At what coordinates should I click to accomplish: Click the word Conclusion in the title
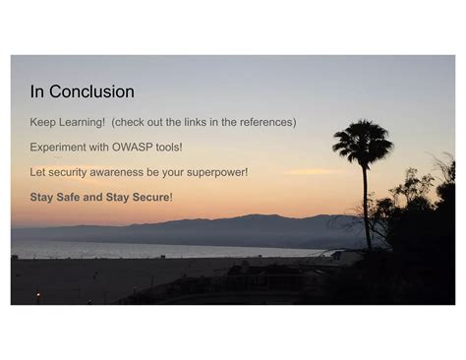tap(91, 91)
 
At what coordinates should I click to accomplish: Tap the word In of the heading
tap(37, 91)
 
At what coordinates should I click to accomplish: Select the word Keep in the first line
tap(42, 122)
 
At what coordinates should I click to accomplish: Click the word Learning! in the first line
tap(82, 122)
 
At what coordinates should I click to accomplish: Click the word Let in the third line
tap(37, 172)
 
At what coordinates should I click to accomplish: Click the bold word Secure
tap(151, 197)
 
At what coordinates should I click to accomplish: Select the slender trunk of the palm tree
tap(366, 207)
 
